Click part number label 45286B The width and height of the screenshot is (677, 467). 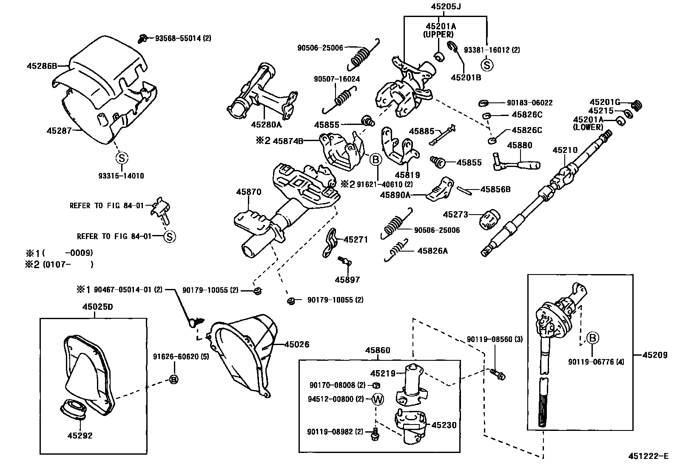click(x=41, y=66)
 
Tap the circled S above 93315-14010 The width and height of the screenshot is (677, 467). click(x=122, y=158)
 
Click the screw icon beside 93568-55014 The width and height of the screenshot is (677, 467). click(x=143, y=39)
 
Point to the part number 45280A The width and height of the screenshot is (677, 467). click(x=266, y=125)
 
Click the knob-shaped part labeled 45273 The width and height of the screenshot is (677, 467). click(x=489, y=219)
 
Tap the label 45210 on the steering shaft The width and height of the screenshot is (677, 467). click(x=565, y=150)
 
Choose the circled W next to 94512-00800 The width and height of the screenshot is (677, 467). click(x=378, y=399)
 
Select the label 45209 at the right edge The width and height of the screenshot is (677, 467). click(x=655, y=355)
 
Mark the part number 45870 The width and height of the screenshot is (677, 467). click(x=249, y=192)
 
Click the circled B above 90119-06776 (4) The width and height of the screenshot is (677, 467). click(x=593, y=338)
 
